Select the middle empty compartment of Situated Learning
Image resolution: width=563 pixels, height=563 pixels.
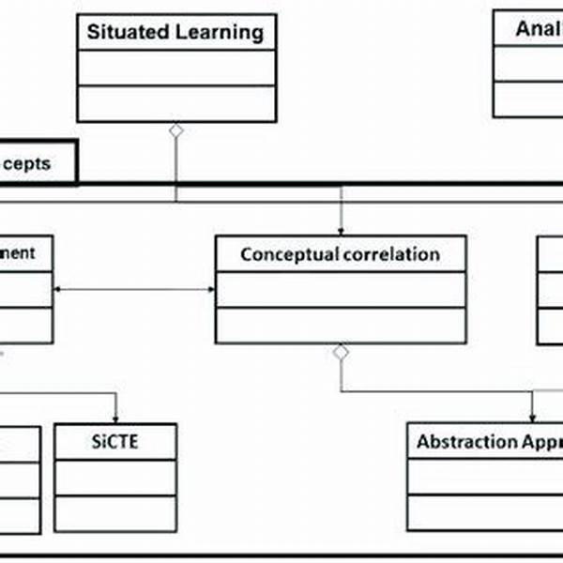pos(176,68)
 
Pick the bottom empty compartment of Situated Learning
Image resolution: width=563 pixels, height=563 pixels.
pos(176,103)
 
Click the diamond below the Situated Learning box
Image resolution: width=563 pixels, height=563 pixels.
pos(175,130)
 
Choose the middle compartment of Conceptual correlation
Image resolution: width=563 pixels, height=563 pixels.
pos(340,289)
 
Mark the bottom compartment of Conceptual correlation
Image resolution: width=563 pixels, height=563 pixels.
pos(340,325)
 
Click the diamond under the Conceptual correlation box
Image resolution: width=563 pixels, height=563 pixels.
pos(341,352)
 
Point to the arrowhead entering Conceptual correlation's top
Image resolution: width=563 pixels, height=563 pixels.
pos(340,230)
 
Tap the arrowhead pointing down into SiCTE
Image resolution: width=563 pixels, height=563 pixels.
pos(116,419)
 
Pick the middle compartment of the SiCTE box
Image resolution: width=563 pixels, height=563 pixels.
pos(115,478)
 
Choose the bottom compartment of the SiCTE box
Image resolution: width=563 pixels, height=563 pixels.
pos(115,511)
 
